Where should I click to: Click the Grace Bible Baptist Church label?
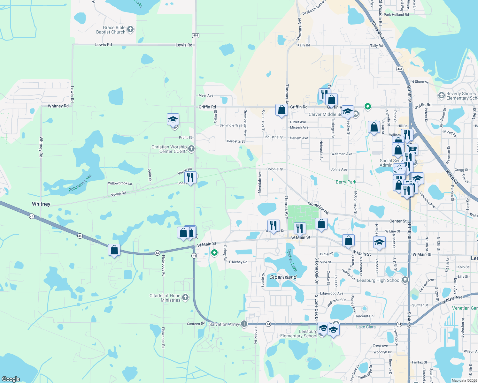pyautogui.click(x=111, y=30)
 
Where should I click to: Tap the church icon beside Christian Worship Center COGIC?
pyautogui.click(x=191, y=148)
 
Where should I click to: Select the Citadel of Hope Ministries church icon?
pyautogui.click(x=185, y=298)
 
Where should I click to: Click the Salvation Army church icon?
pyautogui.click(x=244, y=324)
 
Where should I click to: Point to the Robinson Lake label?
pyautogui.click(x=80, y=183)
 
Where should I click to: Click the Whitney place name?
pyautogui.click(x=41, y=204)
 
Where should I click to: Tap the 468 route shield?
pyautogui.click(x=196, y=35)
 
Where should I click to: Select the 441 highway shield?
pyautogui.click(x=400, y=69)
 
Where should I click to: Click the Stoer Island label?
pyautogui.click(x=283, y=277)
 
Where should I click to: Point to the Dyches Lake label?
pyautogui.click(x=292, y=260)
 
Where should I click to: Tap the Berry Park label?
pyautogui.click(x=346, y=182)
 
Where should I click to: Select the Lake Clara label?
pyautogui.click(x=366, y=327)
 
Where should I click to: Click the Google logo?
pyautogui.click(x=11, y=379)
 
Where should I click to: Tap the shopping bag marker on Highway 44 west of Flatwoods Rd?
pyautogui.click(x=114, y=250)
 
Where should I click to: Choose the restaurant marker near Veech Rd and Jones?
pyautogui.click(x=190, y=177)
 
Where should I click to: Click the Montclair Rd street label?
pyautogui.click(x=318, y=208)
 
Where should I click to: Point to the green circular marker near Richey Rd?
pyautogui.click(x=214, y=252)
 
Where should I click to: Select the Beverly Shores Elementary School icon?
pyautogui.click(x=441, y=95)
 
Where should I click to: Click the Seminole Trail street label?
pyautogui.click(x=231, y=125)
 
